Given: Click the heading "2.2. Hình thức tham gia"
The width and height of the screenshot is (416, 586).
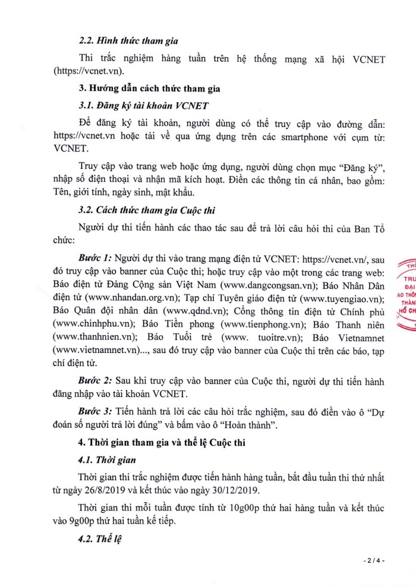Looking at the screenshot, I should coord(128,42).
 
